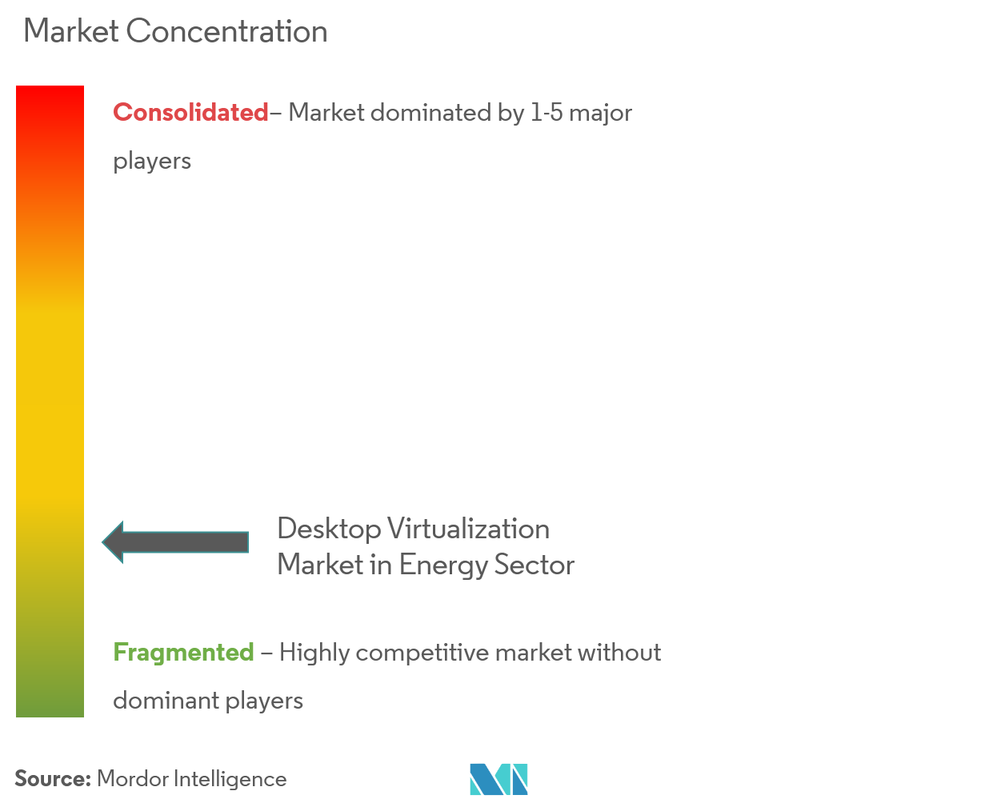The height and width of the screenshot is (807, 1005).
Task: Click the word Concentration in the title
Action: pyautogui.click(x=227, y=31)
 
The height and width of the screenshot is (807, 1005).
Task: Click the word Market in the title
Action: pyautogui.click(x=71, y=31)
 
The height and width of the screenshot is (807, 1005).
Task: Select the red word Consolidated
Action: pyautogui.click(x=190, y=113)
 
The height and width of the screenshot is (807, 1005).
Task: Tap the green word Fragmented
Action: pyautogui.click(x=183, y=652)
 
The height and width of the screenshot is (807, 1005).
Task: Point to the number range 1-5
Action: pyautogui.click(x=547, y=113)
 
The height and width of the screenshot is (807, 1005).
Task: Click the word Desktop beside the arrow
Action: pyautogui.click(x=329, y=530)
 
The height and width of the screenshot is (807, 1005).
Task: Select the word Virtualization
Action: pyautogui.click(x=469, y=529)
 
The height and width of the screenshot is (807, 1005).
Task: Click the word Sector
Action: pyautogui.click(x=535, y=565)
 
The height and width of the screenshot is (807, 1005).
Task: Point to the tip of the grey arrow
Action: pyautogui.click(x=102, y=542)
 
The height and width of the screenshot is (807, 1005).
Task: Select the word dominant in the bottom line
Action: pyautogui.click(x=166, y=701)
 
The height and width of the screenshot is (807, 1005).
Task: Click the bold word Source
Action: pyautogui.click(x=53, y=778)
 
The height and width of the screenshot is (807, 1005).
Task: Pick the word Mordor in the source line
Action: pyautogui.click(x=133, y=778)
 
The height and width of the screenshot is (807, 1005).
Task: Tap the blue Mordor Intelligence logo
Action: pyautogui.click(x=498, y=779)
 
